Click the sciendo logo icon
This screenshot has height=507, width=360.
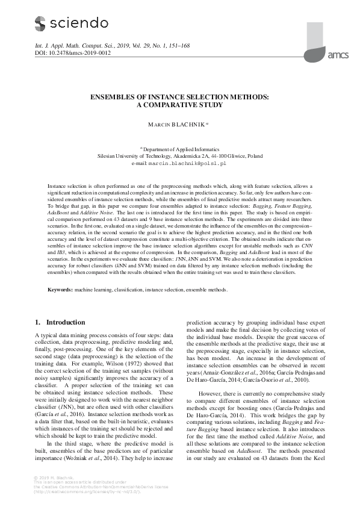[x=40, y=23]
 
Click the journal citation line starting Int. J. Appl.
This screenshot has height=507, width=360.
[x=102, y=45]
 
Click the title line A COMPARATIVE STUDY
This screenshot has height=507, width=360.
[x=180, y=105]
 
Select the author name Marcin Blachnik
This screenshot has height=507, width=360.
[x=178, y=125]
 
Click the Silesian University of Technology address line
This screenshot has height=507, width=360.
[x=180, y=155]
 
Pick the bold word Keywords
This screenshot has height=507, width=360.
[x=60, y=290]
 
